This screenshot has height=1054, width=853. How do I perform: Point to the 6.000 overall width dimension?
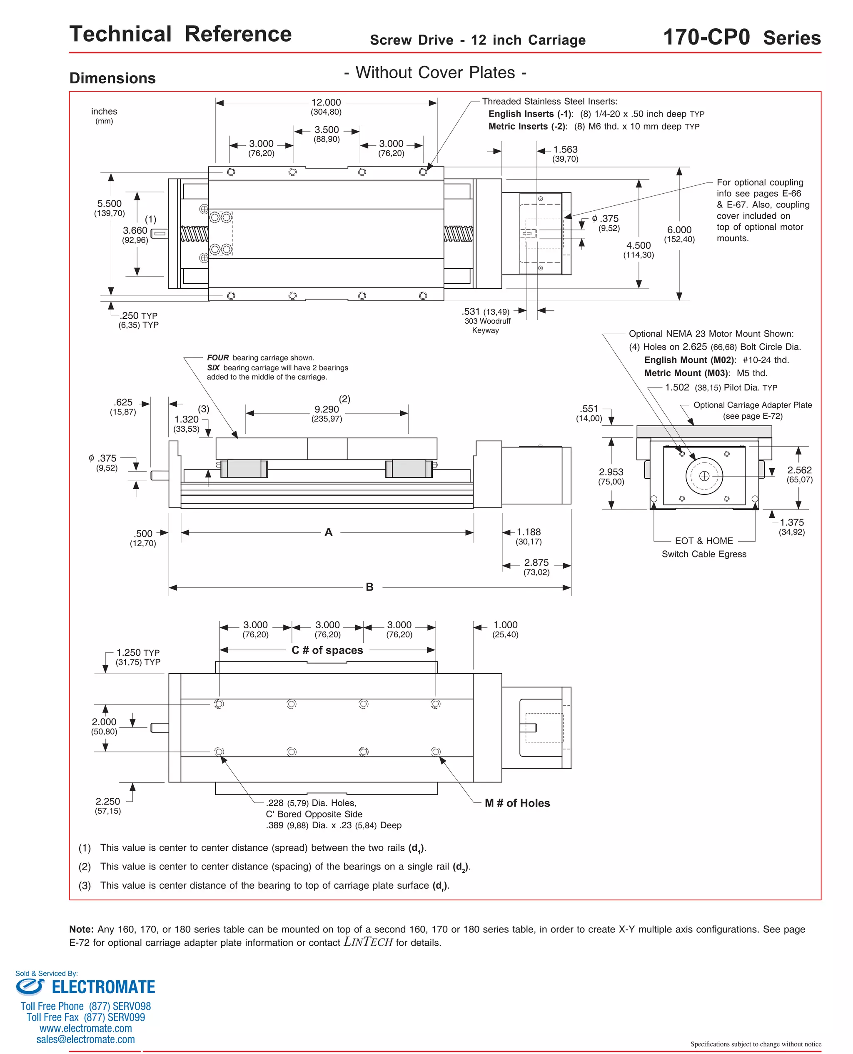pyautogui.click(x=679, y=230)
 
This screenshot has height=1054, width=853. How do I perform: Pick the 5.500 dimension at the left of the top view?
pyautogui.click(x=109, y=204)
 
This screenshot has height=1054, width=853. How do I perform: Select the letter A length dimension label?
pyautogui.click(x=328, y=532)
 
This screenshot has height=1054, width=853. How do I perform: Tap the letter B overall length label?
pyautogui.click(x=369, y=587)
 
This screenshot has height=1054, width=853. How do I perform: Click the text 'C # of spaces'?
pyautogui.click(x=327, y=650)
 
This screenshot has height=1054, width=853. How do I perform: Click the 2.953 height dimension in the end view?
pyautogui.click(x=611, y=472)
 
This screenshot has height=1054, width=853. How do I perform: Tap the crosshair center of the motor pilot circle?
pyautogui.click(x=704, y=476)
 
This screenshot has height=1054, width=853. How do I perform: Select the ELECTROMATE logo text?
pyautogui.click(x=103, y=987)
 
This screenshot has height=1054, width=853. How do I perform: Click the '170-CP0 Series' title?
pyautogui.click(x=741, y=38)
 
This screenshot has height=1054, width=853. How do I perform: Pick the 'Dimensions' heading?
pyautogui.click(x=112, y=79)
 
